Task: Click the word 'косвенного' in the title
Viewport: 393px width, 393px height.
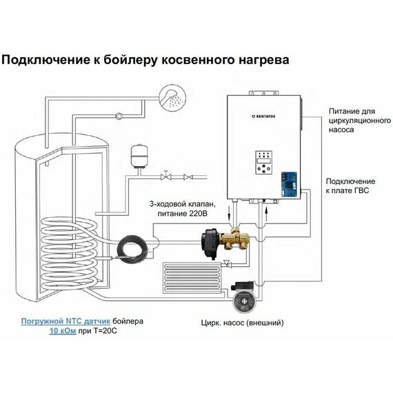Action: [x=199, y=60]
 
